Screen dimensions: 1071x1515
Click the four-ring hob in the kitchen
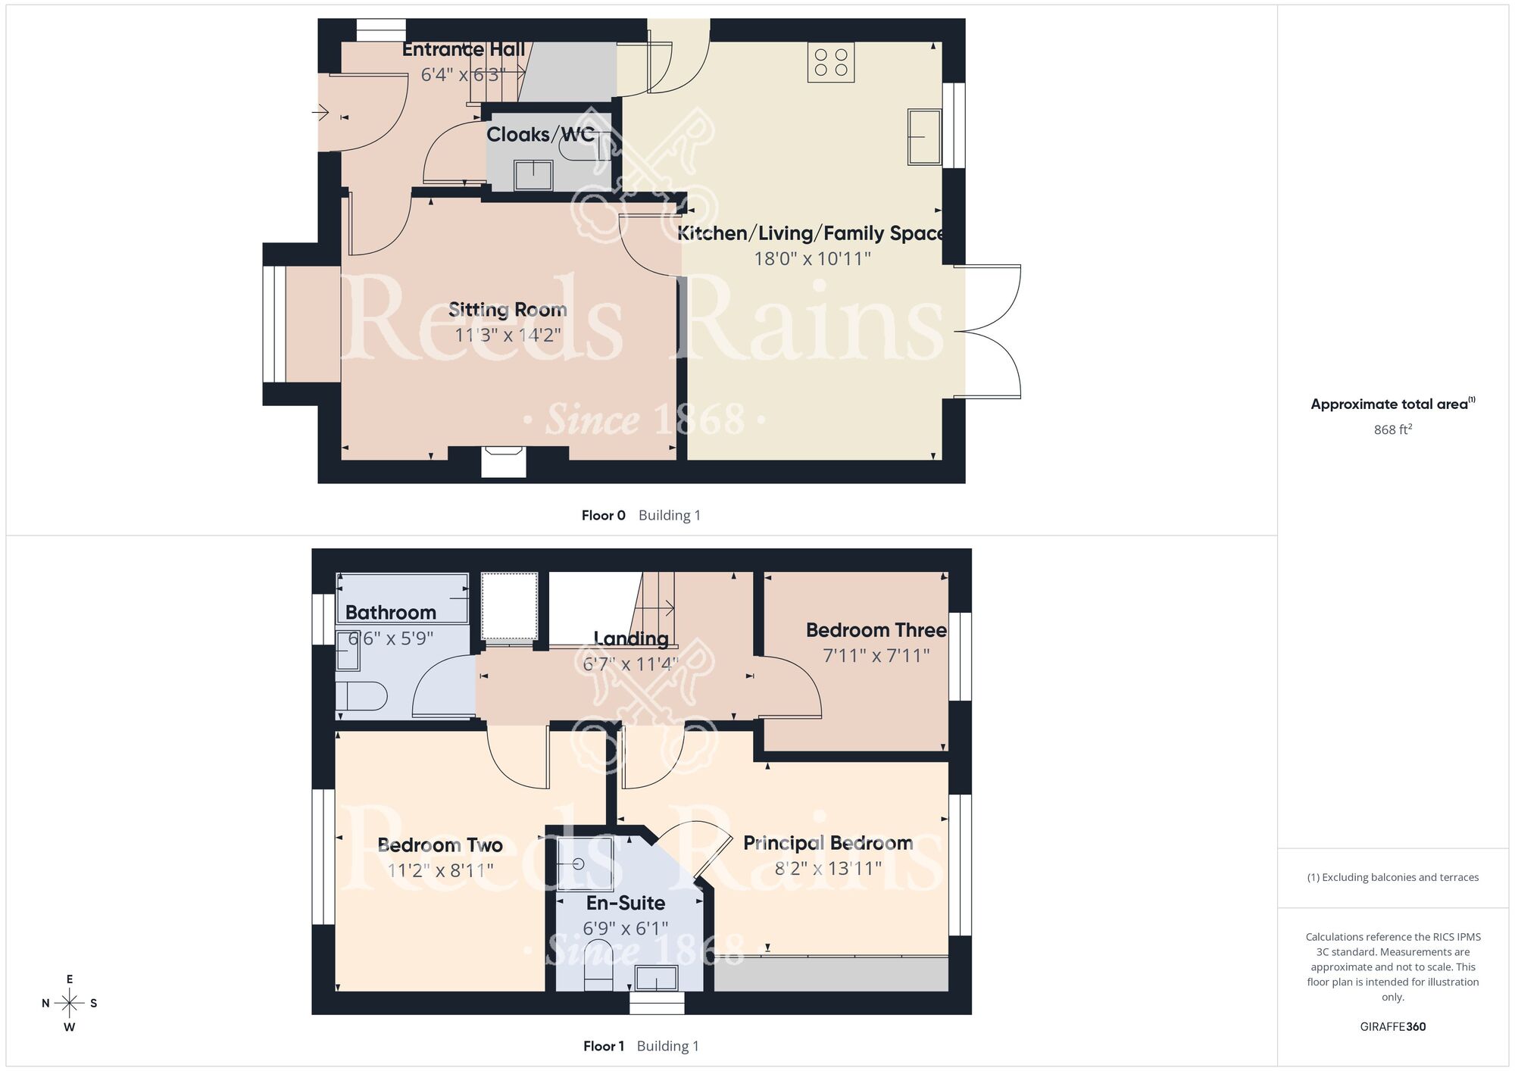click(x=831, y=62)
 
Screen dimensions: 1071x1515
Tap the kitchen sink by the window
click(x=924, y=137)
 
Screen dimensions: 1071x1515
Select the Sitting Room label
click(x=508, y=310)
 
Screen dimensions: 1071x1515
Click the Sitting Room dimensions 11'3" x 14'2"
click(x=508, y=335)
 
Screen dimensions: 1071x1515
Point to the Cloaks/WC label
click(x=540, y=135)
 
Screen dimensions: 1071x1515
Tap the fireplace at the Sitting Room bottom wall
click(x=504, y=461)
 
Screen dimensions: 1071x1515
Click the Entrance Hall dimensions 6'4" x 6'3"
click(x=463, y=75)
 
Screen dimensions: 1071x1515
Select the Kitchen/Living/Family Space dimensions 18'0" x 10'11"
click(x=812, y=259)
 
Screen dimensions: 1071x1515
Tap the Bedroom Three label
click(x=876, y=630)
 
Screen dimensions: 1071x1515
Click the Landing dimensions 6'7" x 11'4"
click(x=630, y=664)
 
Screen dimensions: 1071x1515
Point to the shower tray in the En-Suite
click(x=585, y=863)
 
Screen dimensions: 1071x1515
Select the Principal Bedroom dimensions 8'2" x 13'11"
click(x=828, y=868)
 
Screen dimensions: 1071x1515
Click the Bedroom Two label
click(x=440, y=845)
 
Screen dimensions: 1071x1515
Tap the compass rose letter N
click(x=45, y=1004)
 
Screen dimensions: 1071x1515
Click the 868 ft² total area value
click(x=1392, y=429)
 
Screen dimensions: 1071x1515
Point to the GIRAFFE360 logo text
click(x=1392, y=1027)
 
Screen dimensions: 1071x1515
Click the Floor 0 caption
click(x=603, y=516)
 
